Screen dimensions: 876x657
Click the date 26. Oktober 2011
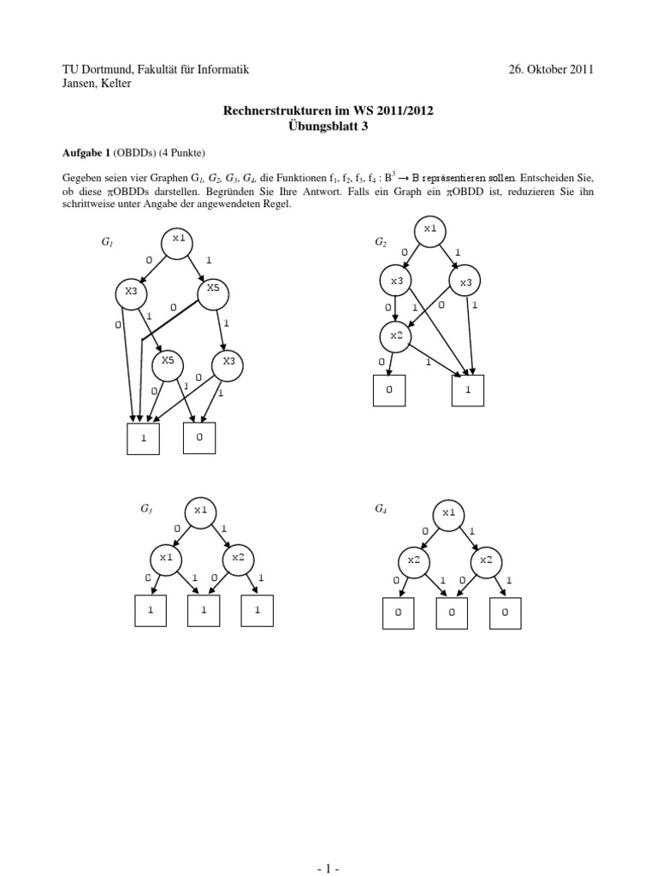click(551, 69)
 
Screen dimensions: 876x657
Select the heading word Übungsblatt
click(321, 125)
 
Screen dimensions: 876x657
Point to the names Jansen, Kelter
click(97, 83)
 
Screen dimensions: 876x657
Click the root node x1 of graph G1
click(178, 240)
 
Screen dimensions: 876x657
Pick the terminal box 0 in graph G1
click(199, 437)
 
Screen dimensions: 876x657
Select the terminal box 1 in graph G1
click(143, 438)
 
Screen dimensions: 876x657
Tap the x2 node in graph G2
click(396, 335)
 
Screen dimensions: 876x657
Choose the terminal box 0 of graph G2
click(388, 390)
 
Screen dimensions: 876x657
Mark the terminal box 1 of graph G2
click(468, 390)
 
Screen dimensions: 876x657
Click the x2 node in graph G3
click(238, 559)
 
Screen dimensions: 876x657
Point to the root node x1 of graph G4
click(448, 514)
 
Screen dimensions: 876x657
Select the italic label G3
click(146, 509)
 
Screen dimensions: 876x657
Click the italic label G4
click(381, 509)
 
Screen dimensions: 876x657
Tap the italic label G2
click(381, 243)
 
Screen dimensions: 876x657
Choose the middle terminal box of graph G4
click(453, 613)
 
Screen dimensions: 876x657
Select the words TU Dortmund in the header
click(96, 69)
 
